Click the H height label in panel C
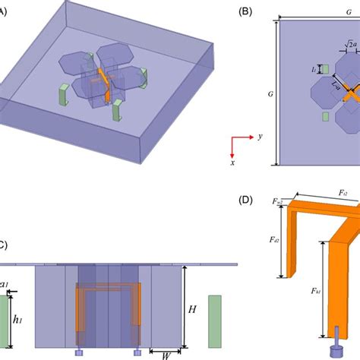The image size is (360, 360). point(194,310)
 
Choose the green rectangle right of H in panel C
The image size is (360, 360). point(216,320)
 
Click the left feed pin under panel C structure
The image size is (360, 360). point(80,352)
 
